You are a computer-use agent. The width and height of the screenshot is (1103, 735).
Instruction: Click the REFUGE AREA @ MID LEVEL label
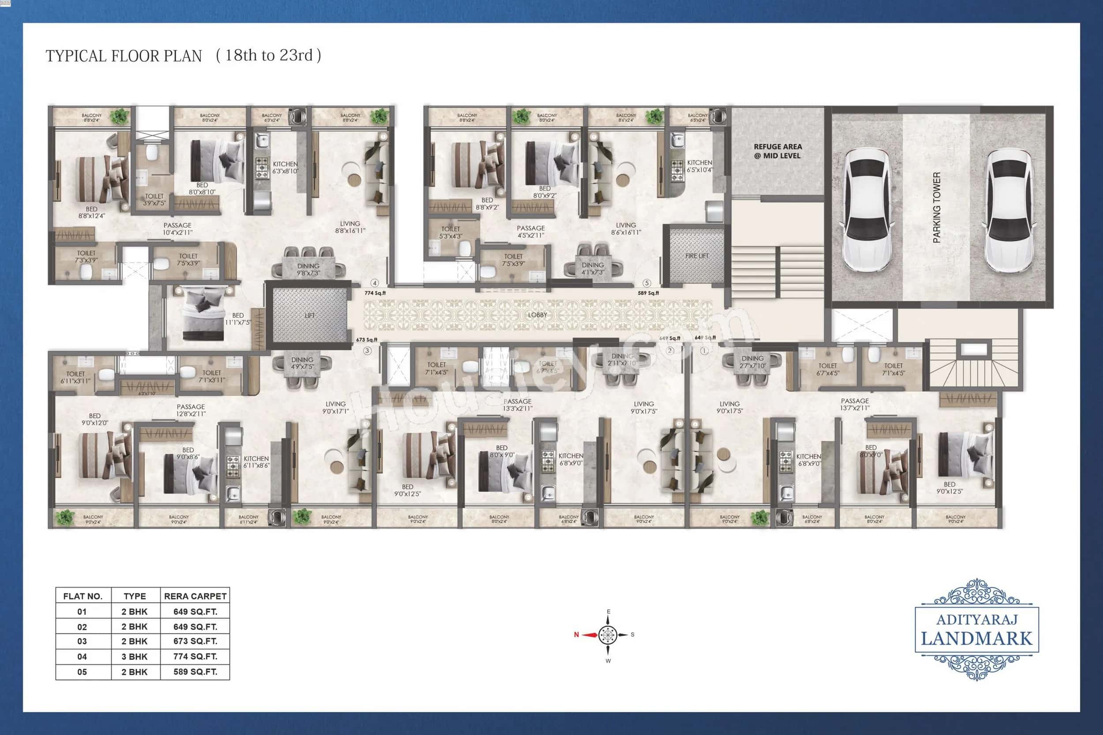pos(778,151)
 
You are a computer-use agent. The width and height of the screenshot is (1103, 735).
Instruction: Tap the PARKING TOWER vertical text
pos(937,207)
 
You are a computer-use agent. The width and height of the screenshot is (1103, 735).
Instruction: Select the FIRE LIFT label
pos(697,256)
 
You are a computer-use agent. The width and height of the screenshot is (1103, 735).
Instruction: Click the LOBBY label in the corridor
pos(537,315)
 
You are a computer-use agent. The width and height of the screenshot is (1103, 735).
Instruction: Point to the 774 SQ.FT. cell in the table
pos(195,656)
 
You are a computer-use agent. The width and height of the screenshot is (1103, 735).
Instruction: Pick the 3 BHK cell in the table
pos(135,656)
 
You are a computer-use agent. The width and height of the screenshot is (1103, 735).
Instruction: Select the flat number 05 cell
pos(82,672)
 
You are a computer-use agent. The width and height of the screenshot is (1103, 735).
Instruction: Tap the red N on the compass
pos(577,635)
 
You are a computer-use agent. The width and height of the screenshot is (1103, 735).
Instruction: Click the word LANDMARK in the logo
pos(976,639)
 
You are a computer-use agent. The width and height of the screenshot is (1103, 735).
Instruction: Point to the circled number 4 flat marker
pos(375,283)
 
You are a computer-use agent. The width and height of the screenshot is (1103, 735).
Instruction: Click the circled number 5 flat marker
pos(647,283)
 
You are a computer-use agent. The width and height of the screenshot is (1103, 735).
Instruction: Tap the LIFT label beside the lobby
pos(309,315)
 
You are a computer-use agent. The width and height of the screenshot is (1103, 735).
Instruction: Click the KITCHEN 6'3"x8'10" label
pos(285,167)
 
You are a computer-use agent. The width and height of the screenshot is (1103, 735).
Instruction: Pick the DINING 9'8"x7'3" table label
pos(308,269)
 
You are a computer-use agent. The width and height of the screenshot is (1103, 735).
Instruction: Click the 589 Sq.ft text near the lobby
pos(648,293)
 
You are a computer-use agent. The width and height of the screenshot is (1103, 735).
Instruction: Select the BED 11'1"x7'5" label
pos(238,319)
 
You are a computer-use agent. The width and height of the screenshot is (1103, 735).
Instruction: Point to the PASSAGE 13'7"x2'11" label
pos(855,404)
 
